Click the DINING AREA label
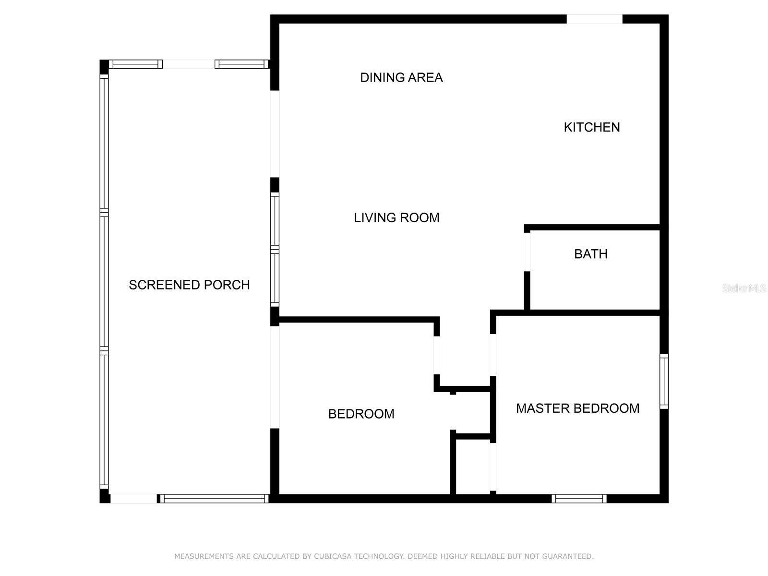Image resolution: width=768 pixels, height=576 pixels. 401,78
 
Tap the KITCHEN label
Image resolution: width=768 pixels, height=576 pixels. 592,127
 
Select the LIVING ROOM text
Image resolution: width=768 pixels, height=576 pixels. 396,218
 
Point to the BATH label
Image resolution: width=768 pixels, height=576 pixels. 590,254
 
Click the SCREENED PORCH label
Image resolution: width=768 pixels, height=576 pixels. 189,285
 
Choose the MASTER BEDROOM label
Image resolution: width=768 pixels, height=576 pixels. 577,408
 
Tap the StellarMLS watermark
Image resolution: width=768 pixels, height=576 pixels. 744,288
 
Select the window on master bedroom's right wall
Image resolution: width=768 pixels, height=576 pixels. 664,381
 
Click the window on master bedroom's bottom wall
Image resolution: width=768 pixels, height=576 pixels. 579,499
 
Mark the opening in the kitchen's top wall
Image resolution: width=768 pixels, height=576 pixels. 594,19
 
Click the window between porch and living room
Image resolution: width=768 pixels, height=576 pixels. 275,249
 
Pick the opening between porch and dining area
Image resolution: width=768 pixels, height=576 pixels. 275,134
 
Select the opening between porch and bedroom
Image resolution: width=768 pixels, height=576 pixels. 275,377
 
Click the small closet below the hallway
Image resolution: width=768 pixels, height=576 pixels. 473,467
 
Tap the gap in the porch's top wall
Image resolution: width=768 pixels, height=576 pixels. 189,64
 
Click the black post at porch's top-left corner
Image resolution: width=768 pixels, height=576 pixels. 104,67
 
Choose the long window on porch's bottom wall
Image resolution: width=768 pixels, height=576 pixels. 215,499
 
